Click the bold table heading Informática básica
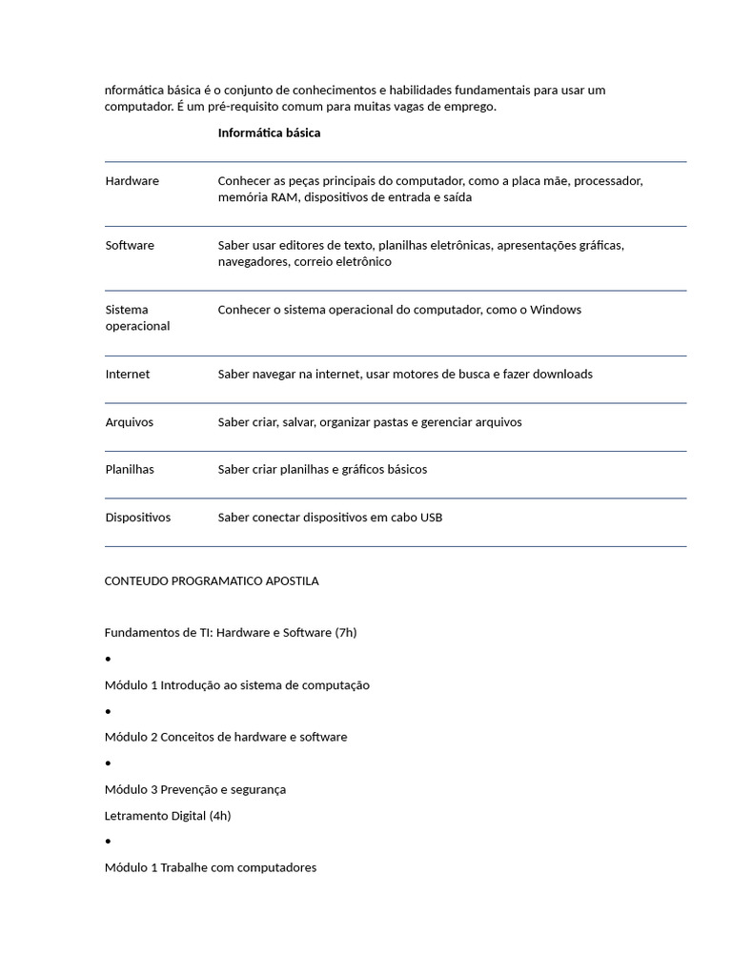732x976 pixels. coord(269,133)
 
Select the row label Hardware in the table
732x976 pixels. coord(132,181)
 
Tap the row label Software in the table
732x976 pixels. coord(130,246)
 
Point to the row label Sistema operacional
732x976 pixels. coord(137,317)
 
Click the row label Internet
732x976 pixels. coord(128,375)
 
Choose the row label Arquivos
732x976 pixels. coord(130,422)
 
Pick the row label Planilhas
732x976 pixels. coord(130,470)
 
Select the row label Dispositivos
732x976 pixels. coord(138,518)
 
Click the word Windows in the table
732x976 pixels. coord(556,310)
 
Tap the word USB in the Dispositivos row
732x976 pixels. coord(431,518)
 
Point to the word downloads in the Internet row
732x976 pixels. coord(562,375)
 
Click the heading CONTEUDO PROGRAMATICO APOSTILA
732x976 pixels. coord(212,581)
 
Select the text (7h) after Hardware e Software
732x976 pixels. coord(346,633)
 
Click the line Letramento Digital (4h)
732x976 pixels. coord(168,816)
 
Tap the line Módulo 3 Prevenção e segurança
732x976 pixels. coord(195,790)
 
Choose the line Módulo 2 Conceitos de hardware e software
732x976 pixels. coord(226,738)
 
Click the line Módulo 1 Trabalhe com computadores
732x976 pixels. coord(211,868)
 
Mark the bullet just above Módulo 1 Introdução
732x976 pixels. coord(109,660)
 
